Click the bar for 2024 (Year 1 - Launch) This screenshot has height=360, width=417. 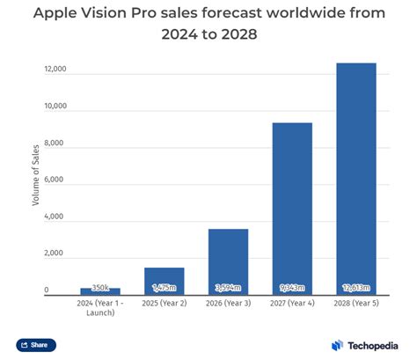pos(100,291)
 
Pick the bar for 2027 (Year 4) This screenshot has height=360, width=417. pos(292,208)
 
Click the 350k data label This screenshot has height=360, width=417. pos(100,288)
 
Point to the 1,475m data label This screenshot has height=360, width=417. pos(165,288)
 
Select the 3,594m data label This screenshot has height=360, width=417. pos(228,288)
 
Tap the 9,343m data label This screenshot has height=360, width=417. pos(292,288)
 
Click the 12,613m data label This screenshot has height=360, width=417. pos(355,288)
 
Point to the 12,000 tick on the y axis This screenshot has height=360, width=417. pos(55,68)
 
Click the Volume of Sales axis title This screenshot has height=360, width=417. pos(36,180)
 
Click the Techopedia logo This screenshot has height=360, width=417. pos(363,345)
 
